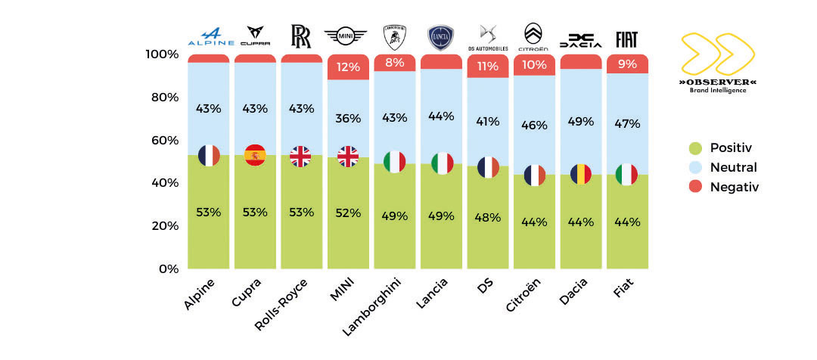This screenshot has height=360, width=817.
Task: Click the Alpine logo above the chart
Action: click(x=208, y=36)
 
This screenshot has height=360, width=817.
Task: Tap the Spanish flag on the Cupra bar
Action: click(x=255, y=155)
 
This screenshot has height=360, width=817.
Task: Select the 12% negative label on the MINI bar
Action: click(x=348, y=67)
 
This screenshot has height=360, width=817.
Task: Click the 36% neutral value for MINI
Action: click(x=348, y=118)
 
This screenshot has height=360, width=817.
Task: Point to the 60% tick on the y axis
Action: click(x=162, y=140)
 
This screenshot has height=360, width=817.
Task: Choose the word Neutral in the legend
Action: click(x=733, y=167)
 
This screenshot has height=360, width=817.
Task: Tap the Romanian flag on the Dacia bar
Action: click(x=581, y=174)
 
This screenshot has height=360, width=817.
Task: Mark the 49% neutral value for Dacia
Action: click(x=581, y=122)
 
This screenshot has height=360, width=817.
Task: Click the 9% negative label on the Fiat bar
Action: click(x=627, y=64)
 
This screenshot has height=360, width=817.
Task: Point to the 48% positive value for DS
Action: click(x=488, y=217)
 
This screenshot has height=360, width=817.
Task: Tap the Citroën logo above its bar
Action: click(x=534, y=35)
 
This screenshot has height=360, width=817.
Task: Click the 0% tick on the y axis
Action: click(x=165, y=268)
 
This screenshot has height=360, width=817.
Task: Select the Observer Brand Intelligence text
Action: click(x=718, y=85)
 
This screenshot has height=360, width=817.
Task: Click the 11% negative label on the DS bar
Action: click(x=488, y=66)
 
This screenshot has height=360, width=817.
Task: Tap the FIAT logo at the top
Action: click(x=627, y=39)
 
